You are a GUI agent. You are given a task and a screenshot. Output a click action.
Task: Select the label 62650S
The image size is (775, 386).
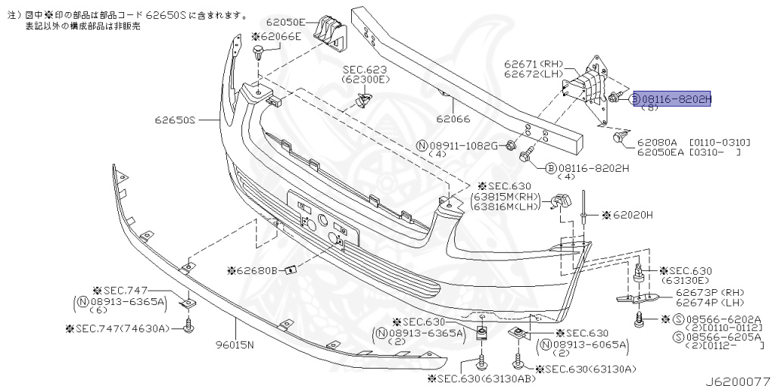[176, 120]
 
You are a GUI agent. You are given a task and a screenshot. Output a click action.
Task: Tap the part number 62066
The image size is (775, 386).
[453, 118]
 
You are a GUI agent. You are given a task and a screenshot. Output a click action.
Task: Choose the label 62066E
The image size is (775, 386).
[280, 36]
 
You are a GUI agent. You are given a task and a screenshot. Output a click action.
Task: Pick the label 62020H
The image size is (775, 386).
[631, 215]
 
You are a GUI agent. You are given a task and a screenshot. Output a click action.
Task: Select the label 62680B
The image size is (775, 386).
[257, 269]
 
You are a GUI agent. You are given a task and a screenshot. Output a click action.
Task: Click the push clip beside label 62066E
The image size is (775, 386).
[259, 55]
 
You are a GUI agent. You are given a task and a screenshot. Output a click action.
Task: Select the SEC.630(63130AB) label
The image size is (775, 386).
[469, 378]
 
